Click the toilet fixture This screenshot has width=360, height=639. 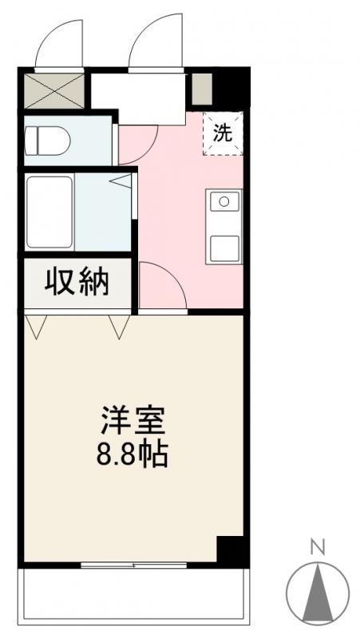click(48, 142)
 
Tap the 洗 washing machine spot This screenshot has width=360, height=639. click(224, 133)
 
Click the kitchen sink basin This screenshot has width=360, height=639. click(225, 200)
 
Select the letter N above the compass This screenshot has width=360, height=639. click(317, 548)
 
